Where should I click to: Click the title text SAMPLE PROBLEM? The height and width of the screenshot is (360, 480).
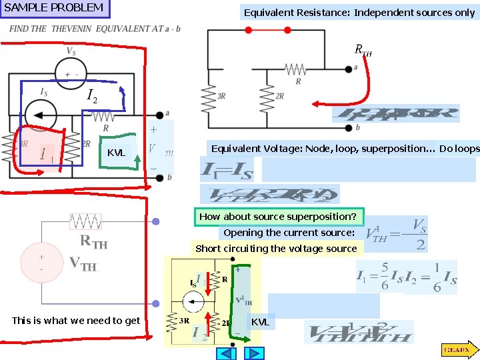(54, 8)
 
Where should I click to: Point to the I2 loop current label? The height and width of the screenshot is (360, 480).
(93, 98)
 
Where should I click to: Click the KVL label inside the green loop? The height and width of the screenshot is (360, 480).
(116, 153)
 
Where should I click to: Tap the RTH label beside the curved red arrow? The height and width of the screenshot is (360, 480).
(363, 50)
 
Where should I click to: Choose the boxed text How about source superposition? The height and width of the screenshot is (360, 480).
(277, 217)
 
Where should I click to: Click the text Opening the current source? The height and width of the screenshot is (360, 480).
(289, 233)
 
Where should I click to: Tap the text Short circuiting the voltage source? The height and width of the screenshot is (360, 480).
(276, 249)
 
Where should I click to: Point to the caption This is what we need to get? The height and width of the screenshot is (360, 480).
(76, 321)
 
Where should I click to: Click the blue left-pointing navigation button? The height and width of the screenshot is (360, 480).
(228, 353)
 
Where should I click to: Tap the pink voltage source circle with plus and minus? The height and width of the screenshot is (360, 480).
(41, 263)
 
